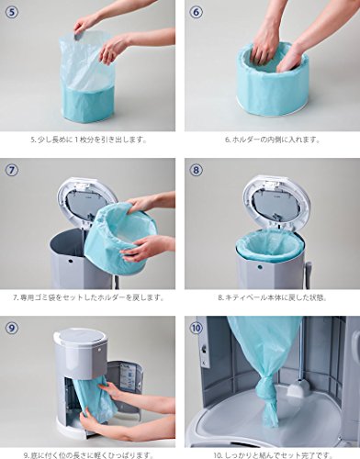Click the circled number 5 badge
coord(12,12)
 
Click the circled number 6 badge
coord(197,12)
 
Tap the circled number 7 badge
coord(12,170)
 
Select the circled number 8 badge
coord(197,170)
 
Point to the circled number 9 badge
coord(12,328)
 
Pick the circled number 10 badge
coord(197,328)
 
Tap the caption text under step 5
coord(88,140)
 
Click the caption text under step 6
coord(273,140)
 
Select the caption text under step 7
coord(88,297)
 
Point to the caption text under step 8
coord(273,297)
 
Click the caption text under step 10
coord(273,455)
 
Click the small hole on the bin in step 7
coord(71,263)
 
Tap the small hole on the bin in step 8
coord(260,267)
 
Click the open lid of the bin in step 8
coord(276,203)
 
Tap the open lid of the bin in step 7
coord(86,203)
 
